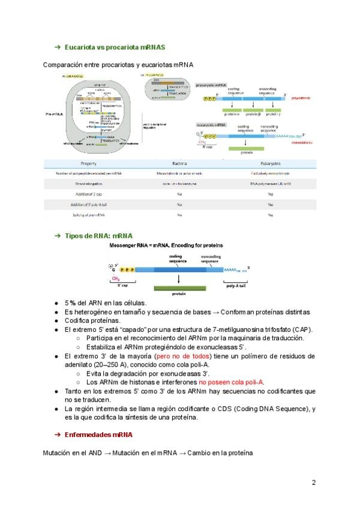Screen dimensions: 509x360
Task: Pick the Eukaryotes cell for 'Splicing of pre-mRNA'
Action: click(x=270, y=214)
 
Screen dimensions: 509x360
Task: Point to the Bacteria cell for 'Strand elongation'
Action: click(x=179, y=184)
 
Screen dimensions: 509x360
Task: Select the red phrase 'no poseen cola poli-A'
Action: click(x=232, y=382)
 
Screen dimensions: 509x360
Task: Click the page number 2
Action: click(x=313, y=482)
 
